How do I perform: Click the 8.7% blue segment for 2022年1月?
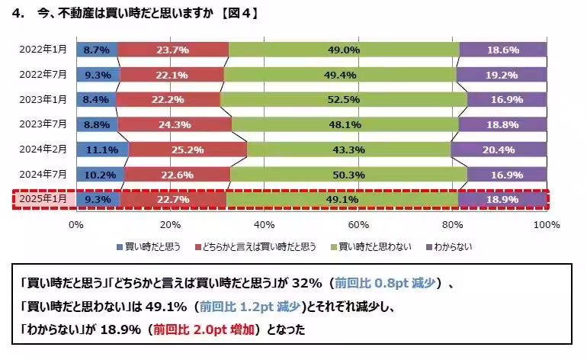96,50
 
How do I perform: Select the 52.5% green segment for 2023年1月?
343,99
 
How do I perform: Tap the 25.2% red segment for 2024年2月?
188,149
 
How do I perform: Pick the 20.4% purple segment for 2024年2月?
499,149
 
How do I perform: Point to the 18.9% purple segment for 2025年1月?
502,200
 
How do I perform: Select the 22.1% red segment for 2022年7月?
172,75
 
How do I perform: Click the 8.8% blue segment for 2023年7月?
97,124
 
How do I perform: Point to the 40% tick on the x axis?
264,224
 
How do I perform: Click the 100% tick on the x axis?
546,224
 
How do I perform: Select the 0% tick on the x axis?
76,224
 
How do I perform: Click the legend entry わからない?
455,246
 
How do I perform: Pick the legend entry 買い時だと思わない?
374,246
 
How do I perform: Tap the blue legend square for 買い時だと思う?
120,246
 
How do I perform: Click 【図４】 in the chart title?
234,13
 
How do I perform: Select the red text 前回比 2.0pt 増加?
204,330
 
